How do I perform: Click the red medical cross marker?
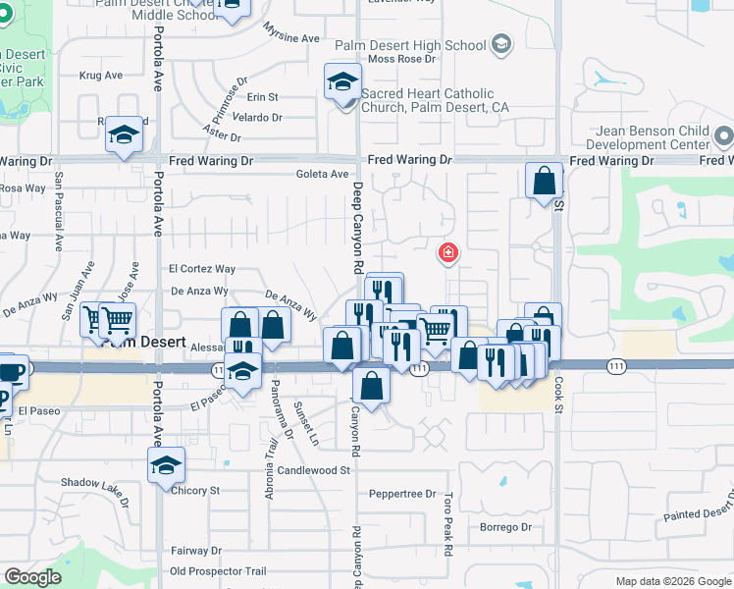(448, 254)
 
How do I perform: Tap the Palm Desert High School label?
(410, 45)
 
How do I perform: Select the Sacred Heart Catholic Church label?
(435, 100)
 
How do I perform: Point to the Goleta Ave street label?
(323, 175)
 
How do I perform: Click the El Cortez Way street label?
(202, 268)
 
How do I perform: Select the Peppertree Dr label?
(402, 493)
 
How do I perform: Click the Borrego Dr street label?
(505, 527)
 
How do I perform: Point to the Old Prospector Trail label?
(218, 571)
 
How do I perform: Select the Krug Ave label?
(101, 75)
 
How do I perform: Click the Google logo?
(32, 577)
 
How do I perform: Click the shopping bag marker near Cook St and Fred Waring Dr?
(544, 182)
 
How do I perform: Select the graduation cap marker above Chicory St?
(166, 465)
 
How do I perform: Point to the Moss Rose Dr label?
(400, 59)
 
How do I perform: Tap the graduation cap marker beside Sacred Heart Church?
(342, 81)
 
